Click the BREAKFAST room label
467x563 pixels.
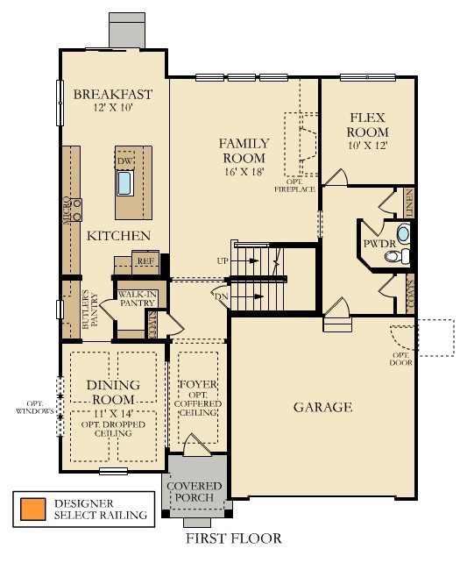click(113, 95)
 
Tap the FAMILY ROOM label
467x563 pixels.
click(244, 150)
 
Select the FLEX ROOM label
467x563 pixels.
click(368, 125)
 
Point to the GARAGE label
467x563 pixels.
click(322, 407)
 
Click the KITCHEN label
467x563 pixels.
click(118, 236)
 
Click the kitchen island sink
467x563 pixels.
click(124, 182)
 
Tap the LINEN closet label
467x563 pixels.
click(409, 203)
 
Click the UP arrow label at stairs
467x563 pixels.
click(223, 261)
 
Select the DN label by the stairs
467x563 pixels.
click(222, 296)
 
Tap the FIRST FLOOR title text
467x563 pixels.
click(233, 538)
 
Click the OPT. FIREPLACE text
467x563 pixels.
click(294, 185)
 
